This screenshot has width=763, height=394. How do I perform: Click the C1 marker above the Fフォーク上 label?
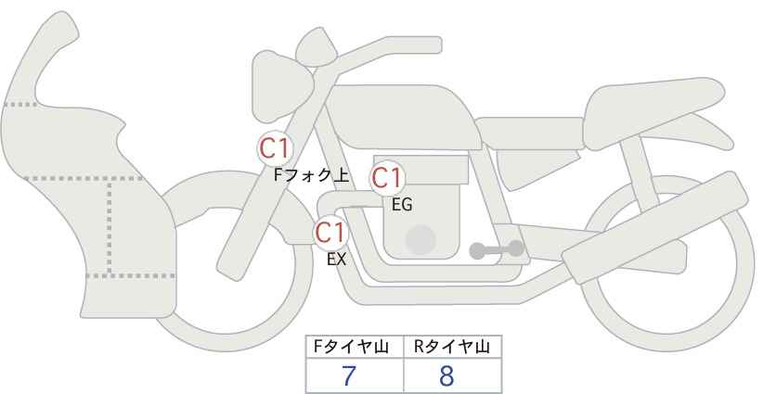275,148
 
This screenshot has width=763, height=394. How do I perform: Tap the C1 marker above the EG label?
387,178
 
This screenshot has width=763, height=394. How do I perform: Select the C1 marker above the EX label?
330,233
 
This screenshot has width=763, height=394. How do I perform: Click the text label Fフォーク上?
312,175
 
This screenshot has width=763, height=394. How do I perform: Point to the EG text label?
403,205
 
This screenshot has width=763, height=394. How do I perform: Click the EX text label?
336,260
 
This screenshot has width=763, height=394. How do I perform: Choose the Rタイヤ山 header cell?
453,347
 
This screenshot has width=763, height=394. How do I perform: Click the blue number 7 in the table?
349,376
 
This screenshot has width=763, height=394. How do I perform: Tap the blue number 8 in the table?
446,376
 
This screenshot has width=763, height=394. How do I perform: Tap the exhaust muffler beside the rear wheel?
655,228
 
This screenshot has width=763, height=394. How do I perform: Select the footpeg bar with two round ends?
497,249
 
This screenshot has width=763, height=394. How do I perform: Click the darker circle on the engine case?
420,240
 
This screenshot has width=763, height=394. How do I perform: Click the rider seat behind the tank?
529,133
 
